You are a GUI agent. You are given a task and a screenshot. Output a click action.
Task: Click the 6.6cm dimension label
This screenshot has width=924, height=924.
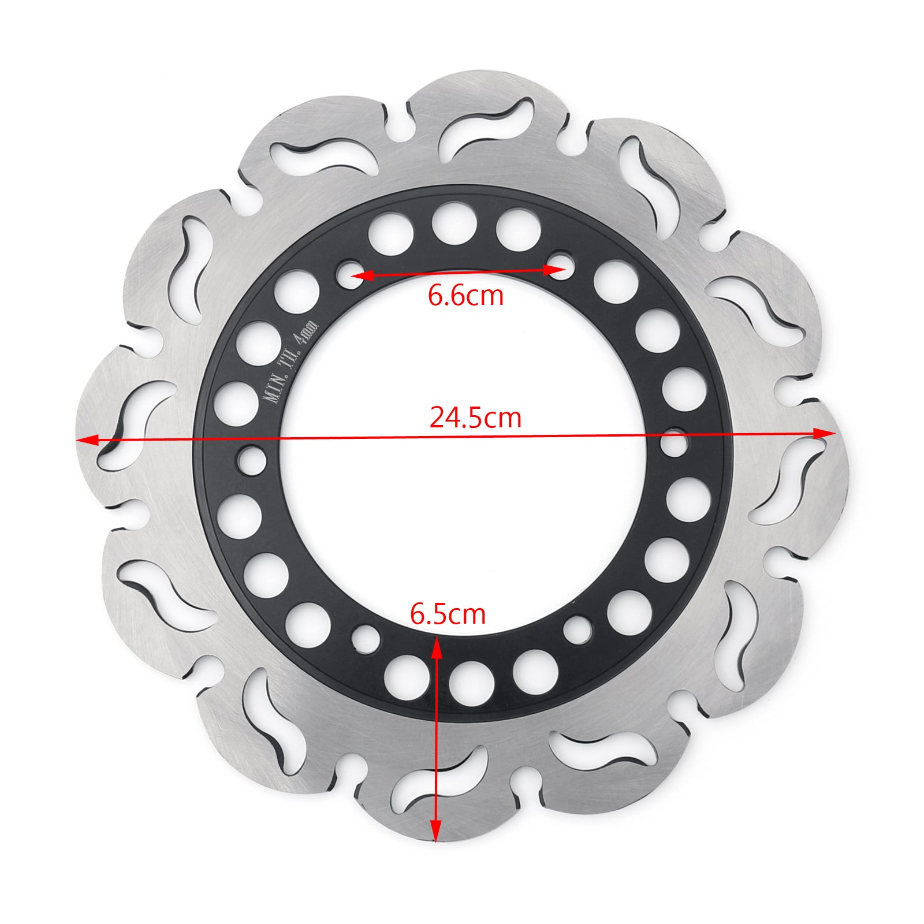pos(465,296)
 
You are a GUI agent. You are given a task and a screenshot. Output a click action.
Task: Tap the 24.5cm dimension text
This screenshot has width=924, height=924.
pos(475,418)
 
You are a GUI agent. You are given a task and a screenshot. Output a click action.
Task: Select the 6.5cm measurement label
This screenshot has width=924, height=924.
pos(448,614)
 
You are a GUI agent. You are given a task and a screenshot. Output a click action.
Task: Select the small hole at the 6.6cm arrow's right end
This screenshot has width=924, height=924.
pos(562,265)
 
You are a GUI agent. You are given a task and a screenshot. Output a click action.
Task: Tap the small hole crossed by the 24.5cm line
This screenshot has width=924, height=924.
pos(674,444)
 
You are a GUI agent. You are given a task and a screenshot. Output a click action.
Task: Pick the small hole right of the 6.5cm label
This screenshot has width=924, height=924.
pos(577,630)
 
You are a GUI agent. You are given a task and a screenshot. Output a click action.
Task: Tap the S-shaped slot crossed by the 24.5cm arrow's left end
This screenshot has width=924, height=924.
pos(130,427)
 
